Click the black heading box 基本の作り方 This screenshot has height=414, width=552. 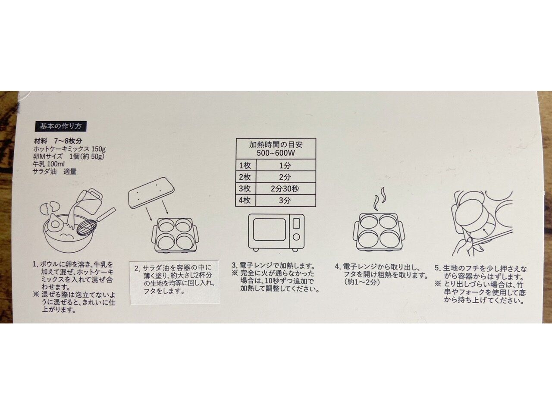pyautogui.click(x=61, y=126)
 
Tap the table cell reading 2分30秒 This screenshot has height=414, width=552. pyautogui.click(x=285, y=188)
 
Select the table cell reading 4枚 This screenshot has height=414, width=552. pyautogui.click(x=245, y=201)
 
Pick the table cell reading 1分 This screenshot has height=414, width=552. pyautogui.click(x=285, y=165)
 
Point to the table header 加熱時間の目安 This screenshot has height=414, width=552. pyautogui.click(x=276, y=144)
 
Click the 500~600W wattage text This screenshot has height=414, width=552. pyautogui.click(x=276, y=153)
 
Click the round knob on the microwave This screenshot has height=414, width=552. pyautogui.click(x=296, y=237)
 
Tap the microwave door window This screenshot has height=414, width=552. pyautogui.click(x=270, y=230)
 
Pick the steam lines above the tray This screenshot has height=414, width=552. pyautogui.click(x=379, y=198)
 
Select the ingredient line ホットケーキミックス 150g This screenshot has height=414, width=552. pyautogui.click(x=69, y=149)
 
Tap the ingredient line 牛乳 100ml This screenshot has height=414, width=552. pyautogui.click(x=49, y=164)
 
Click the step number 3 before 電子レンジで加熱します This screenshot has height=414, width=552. pyautogui.click(x=234, y=266)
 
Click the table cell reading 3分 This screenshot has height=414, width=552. pyautogui.click(x=285, y=201)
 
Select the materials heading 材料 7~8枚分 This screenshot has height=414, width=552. pyautogui.click(x=58, y=141)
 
